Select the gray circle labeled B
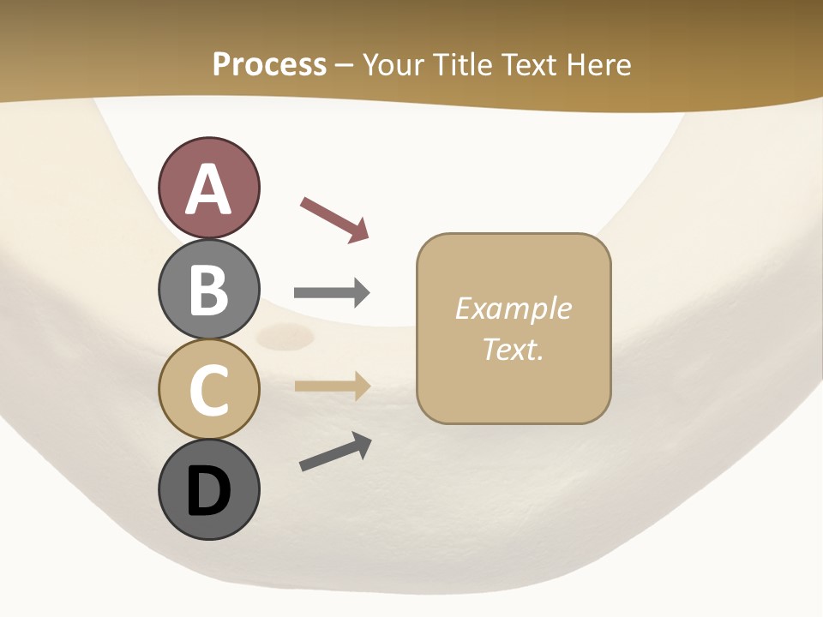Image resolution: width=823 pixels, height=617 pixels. click(208, 289)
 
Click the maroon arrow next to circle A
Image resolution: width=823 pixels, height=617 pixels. click(334, 219)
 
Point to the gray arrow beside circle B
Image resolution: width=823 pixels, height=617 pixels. click(332, 293)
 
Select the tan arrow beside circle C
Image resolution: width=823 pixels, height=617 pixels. click(332, 386)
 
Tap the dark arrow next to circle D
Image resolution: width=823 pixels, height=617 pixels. click(335, 452)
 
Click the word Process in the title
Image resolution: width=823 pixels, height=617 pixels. click(269, 64)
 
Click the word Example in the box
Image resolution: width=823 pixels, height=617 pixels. click(513, 308)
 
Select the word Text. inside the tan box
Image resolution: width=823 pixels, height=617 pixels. click(513, 349)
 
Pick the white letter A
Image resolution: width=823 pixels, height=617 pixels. click(208, 189)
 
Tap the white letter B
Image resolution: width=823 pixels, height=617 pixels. click(208, 290)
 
